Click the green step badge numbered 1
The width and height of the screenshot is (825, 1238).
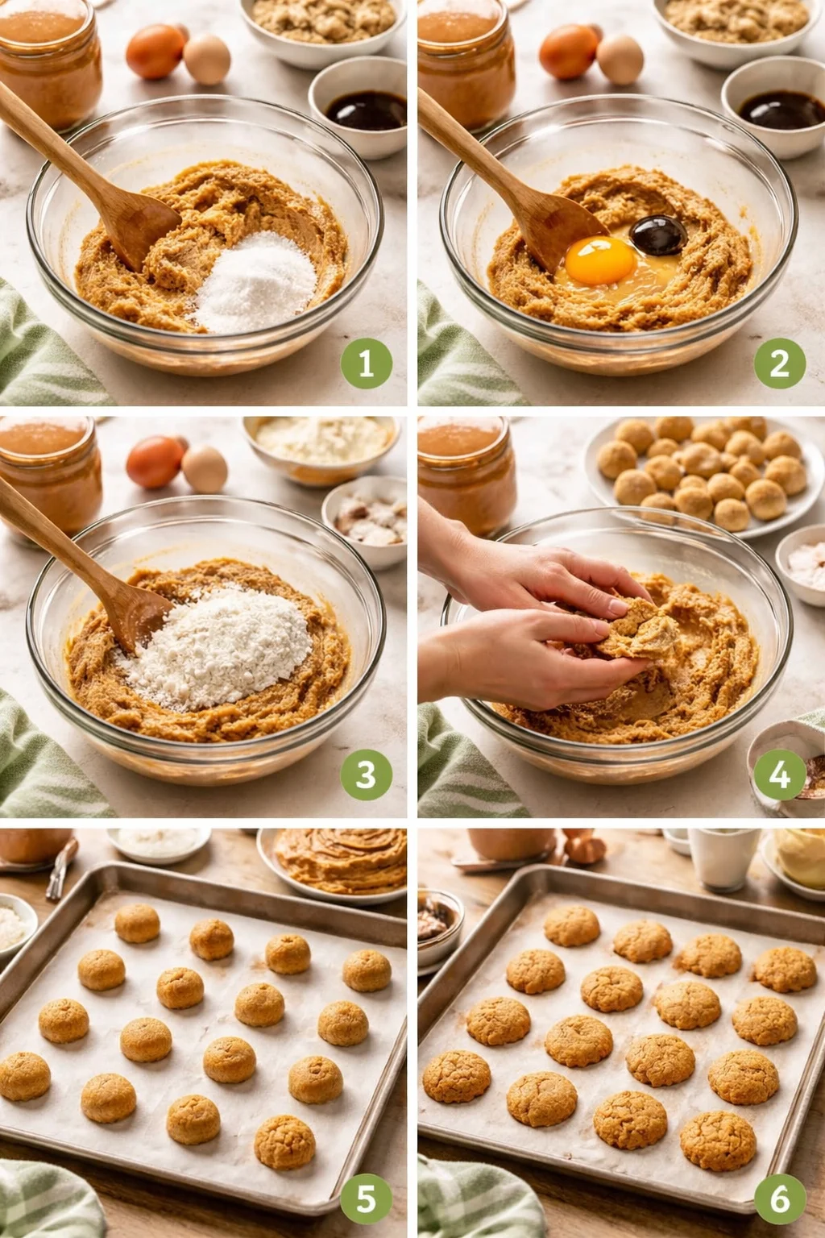(366, 364)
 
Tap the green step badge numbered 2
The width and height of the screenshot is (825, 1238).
(779, 364)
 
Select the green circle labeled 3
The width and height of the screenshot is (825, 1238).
(366, 775)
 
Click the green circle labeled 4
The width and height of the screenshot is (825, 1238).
(779, 775)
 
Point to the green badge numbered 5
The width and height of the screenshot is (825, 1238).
(366, 1199)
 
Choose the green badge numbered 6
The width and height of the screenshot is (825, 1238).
(779, 1199)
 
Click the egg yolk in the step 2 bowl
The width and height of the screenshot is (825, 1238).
(601, 260)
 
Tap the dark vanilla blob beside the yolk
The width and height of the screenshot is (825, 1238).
(658, 235)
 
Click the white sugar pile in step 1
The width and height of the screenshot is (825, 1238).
(256, 282)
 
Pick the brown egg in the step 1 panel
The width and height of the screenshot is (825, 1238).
(155, 52)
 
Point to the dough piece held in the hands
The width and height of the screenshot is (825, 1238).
(636, 633)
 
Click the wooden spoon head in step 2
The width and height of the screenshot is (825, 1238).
(556, 226)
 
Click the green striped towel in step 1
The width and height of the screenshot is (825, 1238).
(40, 355)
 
